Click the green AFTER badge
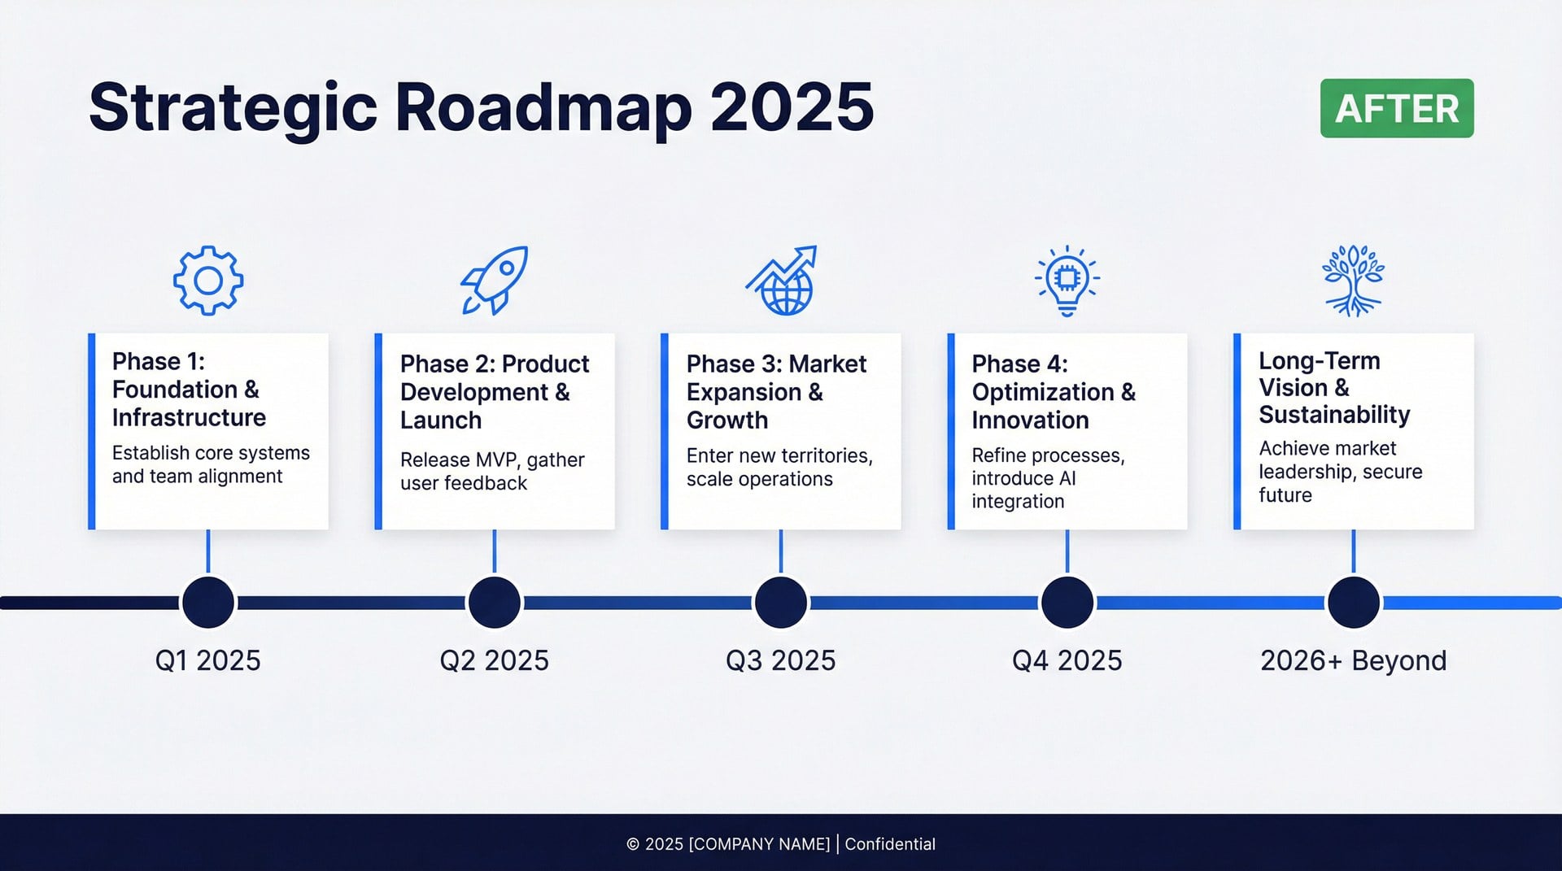coord(1396,108)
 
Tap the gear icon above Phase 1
coord(208,281)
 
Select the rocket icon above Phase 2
coord(495,281)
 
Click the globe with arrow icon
coord(781,281)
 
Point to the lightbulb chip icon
coord(1067,281)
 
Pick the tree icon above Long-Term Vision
coord(1353,281)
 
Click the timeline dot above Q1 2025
coord(208,603)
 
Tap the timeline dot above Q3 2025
coord(781,603)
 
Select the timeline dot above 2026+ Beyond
coord(1354,603)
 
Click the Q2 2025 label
coord(494,660)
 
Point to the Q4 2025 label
coord(1067,660)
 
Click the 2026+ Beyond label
coord(1353,660)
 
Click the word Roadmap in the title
coord(543,108)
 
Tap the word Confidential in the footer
coord(890,844)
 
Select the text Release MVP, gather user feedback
coord(491,472)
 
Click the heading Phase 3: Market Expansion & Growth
coord(775,392)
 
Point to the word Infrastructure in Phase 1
coord(189,418)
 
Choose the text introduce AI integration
coord(1023,490)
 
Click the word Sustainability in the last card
coord(1334,415)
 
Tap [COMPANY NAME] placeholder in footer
coord(759,844)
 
